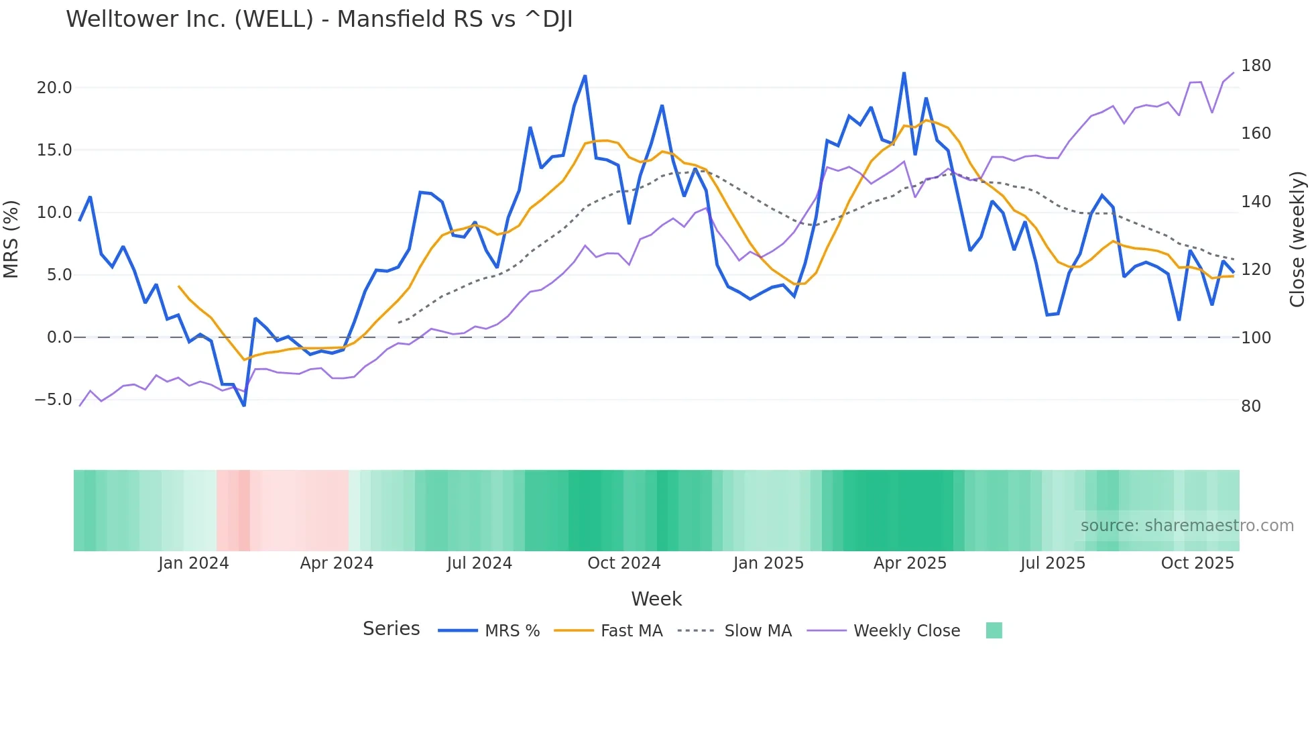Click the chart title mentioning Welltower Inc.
[x=319, y=19]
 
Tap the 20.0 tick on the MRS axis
[x=54, y=88]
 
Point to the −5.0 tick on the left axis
[x=53, y=400]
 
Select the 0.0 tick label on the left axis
[x=59, y=337]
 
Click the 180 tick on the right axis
[x=1256, y=66]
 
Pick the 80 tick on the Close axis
[x=1251, y=406]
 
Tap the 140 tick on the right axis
[x=1256, y=202]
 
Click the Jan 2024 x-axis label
[x=193, y=563]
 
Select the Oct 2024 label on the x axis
[x=623, y=563]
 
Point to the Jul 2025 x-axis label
[x=1053, y=563]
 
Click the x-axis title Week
[x=656, y=599]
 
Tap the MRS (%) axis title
[x=11, y=239]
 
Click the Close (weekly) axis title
[x=1298, y=239]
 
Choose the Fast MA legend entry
[x=631, y=631]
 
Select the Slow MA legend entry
[x=758, y=631]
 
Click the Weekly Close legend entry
[x=906, y=631]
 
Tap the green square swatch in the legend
[x=994, y=630]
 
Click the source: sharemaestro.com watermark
[x=1187, y=526]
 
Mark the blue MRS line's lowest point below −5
[x=244, y=405]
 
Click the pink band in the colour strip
[x=282, y=510]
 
